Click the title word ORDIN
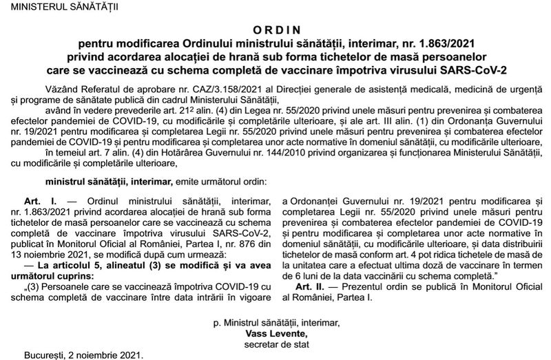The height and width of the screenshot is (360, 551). tap(275, 30)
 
